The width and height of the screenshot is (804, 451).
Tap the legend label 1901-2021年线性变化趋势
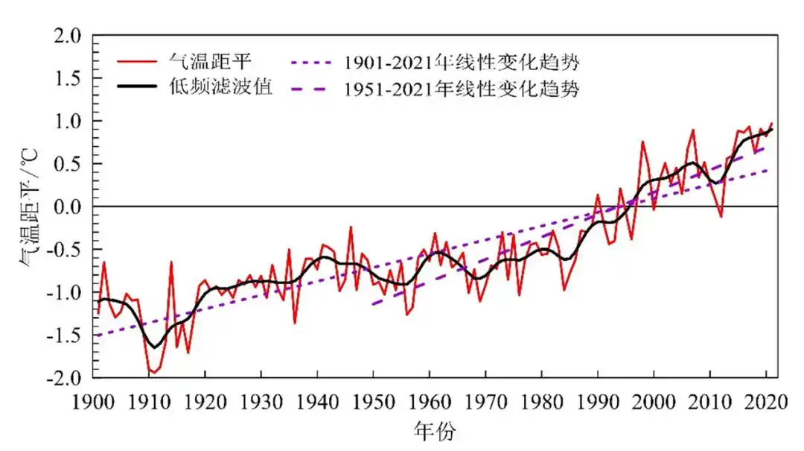click(x=461, y=60)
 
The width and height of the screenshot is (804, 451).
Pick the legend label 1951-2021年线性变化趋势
click(x=461, y=89)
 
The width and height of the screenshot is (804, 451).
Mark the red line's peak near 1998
click(x=642, y=141)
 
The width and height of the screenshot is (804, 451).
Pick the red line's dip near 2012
click(x=721, y=217)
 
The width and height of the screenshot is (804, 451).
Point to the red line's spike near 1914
click(x=171, y=262)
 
